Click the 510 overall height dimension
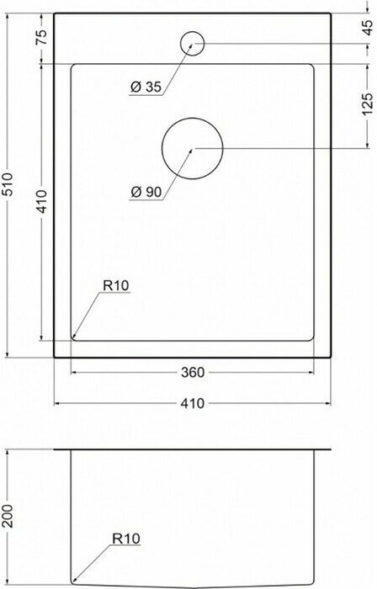pos(8,185)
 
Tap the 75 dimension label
pos(41,37)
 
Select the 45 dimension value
pos(369,28)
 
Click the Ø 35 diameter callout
pos(146,88)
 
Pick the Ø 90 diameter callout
pos(146,193)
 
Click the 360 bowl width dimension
pos(193,372)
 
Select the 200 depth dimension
pos(8,516)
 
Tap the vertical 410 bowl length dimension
pos(42,201)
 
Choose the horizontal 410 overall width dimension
pos(193,403)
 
